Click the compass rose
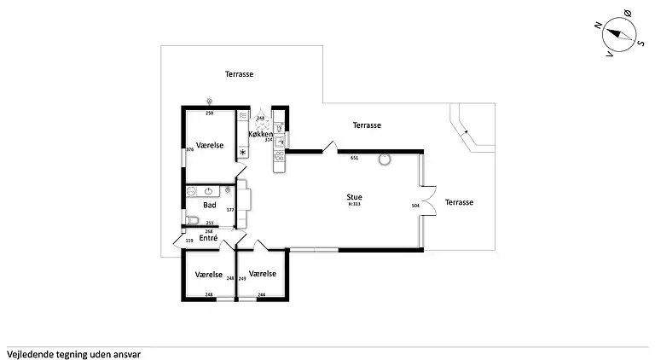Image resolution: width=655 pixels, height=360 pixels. [x=620, y=36]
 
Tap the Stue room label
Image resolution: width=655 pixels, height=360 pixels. [x=354, y=197]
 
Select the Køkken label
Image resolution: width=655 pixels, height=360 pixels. [x=260, y=135]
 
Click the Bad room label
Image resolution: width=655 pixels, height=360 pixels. [x=209, y=205]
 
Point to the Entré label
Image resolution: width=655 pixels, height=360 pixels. [x=208, y=238]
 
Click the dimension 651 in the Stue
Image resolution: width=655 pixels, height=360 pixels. [x=354, y=158]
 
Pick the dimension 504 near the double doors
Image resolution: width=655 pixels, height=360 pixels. [x=415, y=206]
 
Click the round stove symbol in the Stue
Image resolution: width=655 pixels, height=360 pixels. [x=385, y=159]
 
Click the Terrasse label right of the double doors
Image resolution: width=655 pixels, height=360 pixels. [x=459, y=202]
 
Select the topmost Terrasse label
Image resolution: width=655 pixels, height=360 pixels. [x=239, y=74]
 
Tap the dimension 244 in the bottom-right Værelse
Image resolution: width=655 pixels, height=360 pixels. [x=260, y=294]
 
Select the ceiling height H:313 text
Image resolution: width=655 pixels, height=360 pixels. [x=354, y=205]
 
